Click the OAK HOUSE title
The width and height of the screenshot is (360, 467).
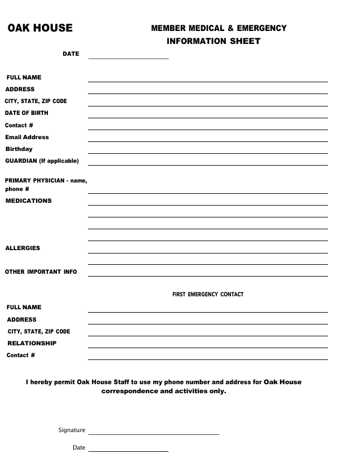[40, 28]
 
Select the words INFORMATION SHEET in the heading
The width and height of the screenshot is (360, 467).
[214, 41]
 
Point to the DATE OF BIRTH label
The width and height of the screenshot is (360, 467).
[26, 113]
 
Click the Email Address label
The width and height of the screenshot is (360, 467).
[27, 137]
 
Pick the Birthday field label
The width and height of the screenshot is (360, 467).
[19, 149]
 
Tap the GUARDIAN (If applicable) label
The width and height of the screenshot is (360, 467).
[42, 161]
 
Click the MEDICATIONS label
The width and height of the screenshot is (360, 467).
[28, 201]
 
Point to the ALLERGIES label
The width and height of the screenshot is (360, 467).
[23, 248]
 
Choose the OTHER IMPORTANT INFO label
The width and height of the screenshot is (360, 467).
[41, 272]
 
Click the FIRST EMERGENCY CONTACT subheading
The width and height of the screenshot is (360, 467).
[208, 295]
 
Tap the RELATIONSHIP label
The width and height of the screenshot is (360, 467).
[32, 343]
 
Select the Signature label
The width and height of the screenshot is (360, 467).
[72, 430]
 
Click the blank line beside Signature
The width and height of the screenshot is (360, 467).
[153, 434]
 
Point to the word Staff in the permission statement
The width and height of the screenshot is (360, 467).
[121, 382]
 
